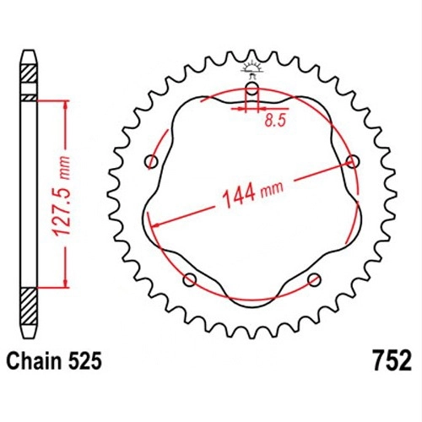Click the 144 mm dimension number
[239, 195]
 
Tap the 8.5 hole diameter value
[275, 121]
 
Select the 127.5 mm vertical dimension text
[61, 195]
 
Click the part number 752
[392, 360]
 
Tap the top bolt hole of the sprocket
[252, 89]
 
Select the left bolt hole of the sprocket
[151, 162]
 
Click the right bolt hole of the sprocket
[353, 162]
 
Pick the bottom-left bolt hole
[190, 279]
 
